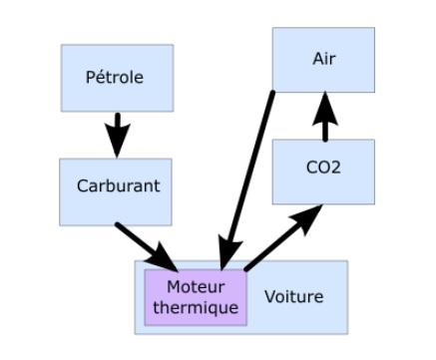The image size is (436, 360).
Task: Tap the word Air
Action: [324, 58]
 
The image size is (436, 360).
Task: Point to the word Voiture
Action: [293, 296]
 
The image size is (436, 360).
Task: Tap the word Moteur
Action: [195, 287]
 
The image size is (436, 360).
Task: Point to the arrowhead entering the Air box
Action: [324, 100]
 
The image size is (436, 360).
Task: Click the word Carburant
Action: [118, 186]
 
